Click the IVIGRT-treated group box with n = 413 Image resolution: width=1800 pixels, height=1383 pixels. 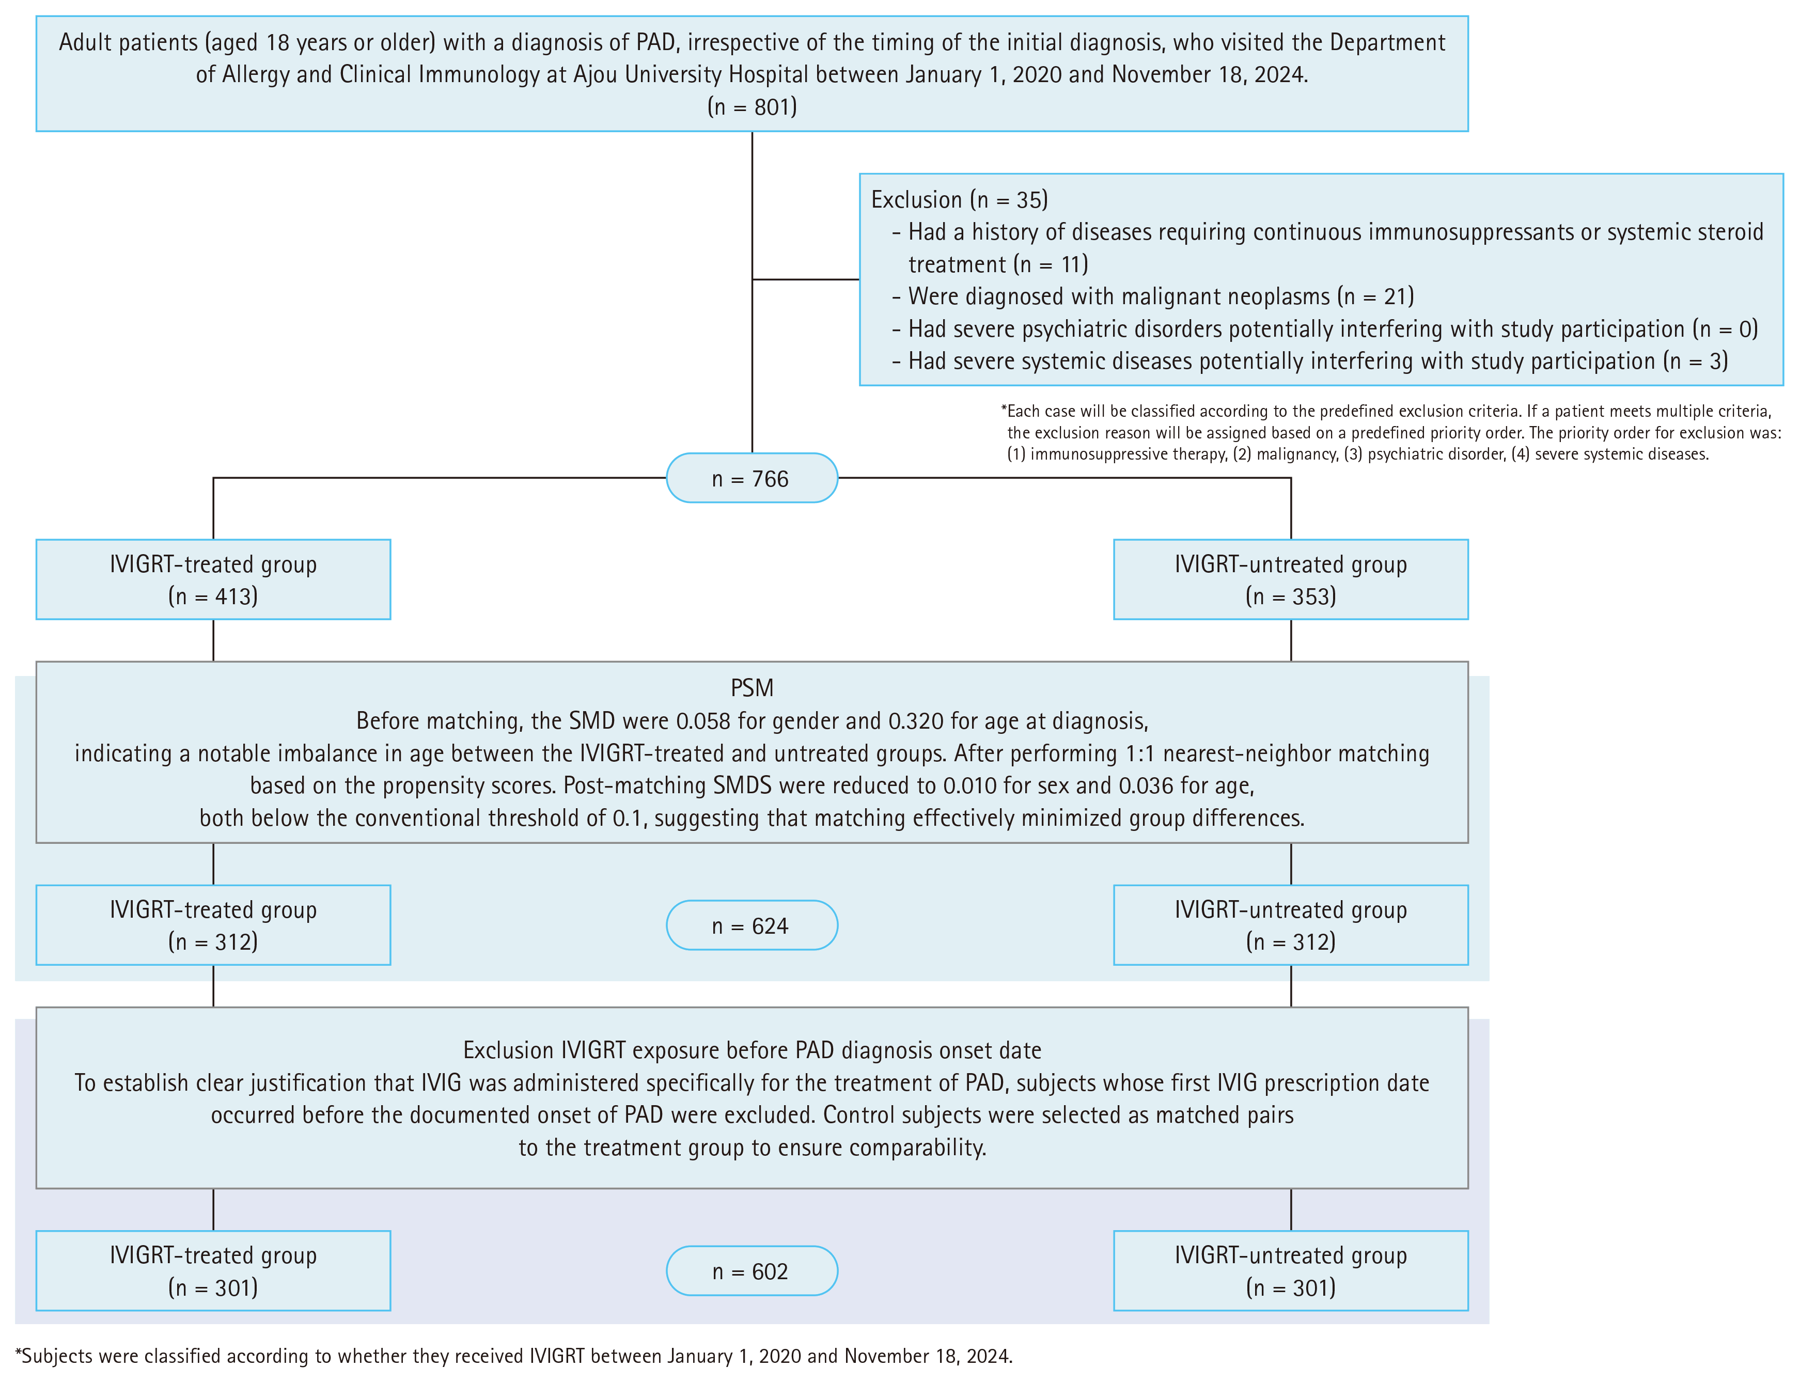[x=213, y=579]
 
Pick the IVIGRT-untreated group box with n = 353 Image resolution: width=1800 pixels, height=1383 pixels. [x=1290, y=579]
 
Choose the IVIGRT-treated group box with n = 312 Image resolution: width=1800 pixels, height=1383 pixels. [x=213, y=925]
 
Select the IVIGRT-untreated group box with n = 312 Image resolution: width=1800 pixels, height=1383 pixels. [x=1290, y=925]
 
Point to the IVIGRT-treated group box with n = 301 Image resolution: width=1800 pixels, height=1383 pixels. [x=213, y=1271]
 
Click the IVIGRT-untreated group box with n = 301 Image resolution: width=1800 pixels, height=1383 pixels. [x=1290, y=1271]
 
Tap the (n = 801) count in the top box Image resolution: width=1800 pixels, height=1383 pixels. [x=752, y=107]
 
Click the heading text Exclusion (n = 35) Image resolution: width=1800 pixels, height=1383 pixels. [x=959, y=200]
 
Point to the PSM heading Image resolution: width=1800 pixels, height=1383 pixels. [x=752, y=688]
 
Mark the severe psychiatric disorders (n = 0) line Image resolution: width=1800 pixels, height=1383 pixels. [x=1325, y=329]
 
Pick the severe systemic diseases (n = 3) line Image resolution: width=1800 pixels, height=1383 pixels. [x=1310, y=362]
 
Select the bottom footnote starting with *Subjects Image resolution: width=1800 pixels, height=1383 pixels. [x=514, y=1356]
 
